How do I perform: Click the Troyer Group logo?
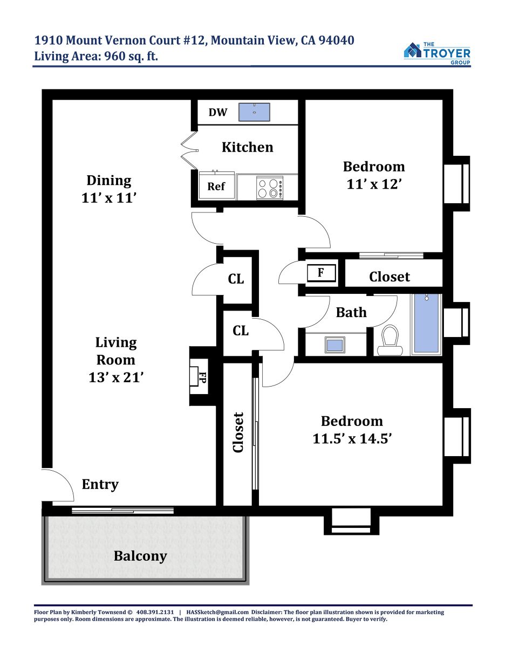[x=437, y=53]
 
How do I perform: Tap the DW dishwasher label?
[x=218, y=112]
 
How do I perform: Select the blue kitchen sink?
[x=254, y=112]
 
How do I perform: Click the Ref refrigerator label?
[x=216, y=187]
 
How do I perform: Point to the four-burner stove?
[x=270, y=188]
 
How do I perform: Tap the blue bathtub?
[x=426, y=324]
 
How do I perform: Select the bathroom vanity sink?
[x=335, y=345]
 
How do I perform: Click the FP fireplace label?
[x=202, y=377]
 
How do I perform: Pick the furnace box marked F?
[x=321, y=272]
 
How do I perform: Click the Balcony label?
[x=140, y=556]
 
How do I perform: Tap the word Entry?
[x=100, y=484]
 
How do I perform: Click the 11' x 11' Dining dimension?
[x=109, y=198]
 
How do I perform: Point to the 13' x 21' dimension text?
[x=116, y=377]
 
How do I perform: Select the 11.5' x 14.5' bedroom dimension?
[x=352, y=438]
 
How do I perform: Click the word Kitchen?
[x=247, y=147]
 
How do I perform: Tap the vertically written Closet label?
[x=238, y=432]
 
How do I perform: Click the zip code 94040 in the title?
[x=336, y=40]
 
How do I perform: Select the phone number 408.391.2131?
[x=155, y=612]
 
